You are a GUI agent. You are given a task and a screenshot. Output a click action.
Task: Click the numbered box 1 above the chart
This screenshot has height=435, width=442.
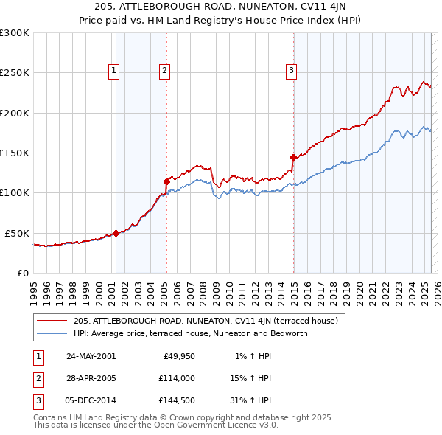coord(115,71)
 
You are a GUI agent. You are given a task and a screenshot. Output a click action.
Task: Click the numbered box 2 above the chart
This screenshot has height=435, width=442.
coord(164,71)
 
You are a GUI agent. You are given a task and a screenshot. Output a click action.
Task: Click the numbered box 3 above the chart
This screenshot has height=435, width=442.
coord(291,71)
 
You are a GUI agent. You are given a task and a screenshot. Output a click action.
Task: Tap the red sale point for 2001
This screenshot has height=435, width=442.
coord(116,233)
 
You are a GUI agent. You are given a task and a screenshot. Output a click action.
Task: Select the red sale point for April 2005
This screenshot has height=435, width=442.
coord(166,181)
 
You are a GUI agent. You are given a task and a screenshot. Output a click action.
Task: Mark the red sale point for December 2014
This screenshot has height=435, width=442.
coord(293,157)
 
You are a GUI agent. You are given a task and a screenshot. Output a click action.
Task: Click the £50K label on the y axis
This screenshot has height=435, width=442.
coord(17,233)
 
